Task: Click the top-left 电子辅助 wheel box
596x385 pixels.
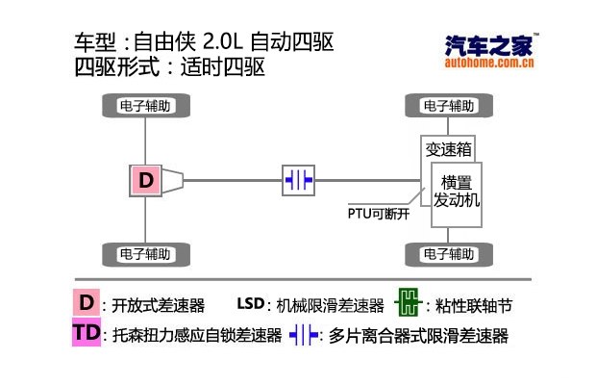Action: coord(145,105)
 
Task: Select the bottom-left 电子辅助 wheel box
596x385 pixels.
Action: coord(145,255)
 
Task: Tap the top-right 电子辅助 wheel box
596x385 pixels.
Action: coord(449,105)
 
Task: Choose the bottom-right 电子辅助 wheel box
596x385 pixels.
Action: coord(449,255)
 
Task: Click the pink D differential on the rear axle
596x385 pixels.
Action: coord(145,180)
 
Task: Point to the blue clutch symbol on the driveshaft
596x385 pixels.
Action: coord(298,180)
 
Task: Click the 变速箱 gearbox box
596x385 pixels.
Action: coord(449,149)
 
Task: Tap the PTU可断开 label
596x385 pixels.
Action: coord(379,214)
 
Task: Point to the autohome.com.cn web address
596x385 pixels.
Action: coord(490,64)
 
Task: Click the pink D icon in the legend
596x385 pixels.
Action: coord(87,303)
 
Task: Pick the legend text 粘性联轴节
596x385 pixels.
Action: coord(473,306)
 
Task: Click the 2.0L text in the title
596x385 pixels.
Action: coord(224,43)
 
